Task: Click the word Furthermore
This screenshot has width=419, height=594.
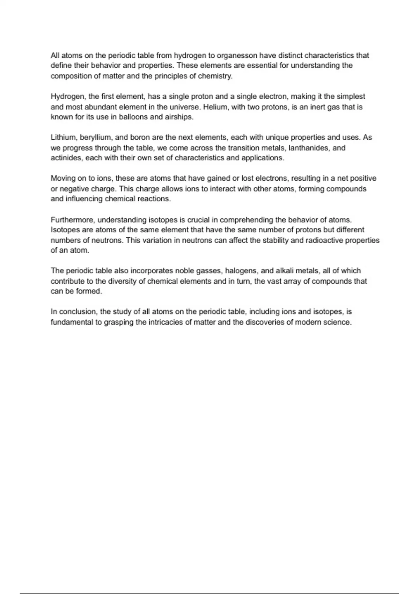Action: click(x=73, y=220)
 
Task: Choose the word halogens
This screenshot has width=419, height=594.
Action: click(x=241, y=271)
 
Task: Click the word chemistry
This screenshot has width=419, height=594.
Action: click(x=215, y=76)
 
